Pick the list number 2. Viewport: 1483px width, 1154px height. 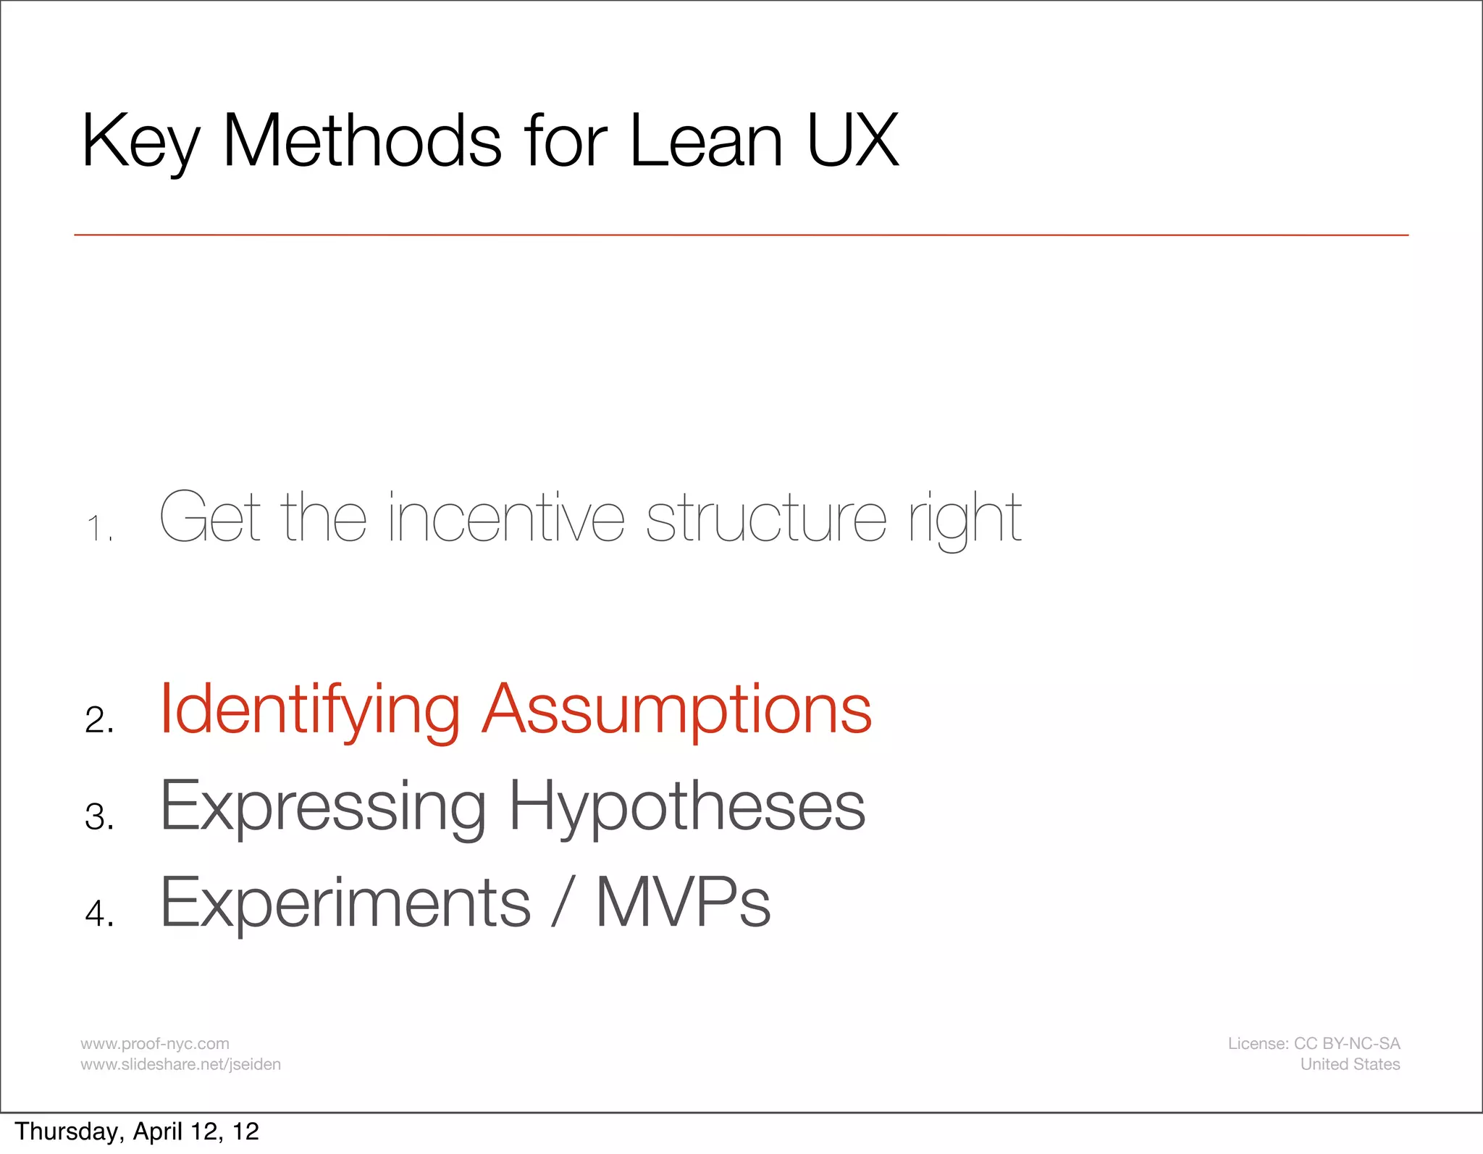pos(98,720)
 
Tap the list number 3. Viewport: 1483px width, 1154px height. pos(98,816)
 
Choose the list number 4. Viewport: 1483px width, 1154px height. pos(98,913)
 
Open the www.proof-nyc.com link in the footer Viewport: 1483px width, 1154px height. pos(154,1043)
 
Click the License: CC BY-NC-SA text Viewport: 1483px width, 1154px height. pos(1313,1043)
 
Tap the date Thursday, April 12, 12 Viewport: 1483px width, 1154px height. pos(136,1132)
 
